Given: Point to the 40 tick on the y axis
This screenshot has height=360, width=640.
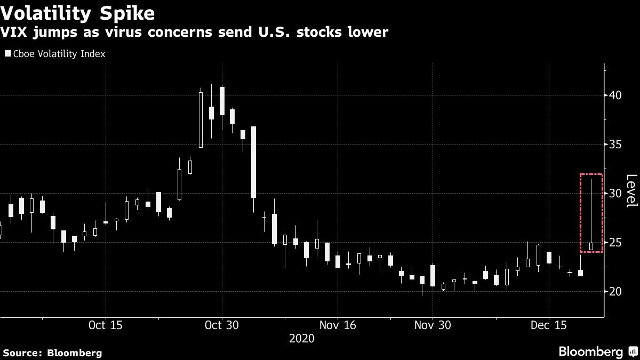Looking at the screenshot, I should coord(615,95).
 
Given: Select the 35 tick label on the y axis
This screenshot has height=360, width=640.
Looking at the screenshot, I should coord(615,145).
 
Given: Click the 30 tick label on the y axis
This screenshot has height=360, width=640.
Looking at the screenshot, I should coord(615,193).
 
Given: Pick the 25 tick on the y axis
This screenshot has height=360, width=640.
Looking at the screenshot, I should coord(615,243).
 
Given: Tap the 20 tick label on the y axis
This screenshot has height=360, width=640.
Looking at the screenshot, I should coord(615,292).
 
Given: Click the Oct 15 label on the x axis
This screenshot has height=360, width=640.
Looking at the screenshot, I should coord(106,325).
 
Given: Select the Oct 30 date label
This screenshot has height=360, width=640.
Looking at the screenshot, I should coord(221,325).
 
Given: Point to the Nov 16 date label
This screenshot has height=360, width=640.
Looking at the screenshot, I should coord(337,325).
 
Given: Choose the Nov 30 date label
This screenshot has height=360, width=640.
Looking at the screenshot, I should coord(432,325).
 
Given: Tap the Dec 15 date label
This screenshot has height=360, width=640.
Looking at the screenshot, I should coord(548,325).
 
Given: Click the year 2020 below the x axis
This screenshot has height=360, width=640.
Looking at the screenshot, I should coord(301,339).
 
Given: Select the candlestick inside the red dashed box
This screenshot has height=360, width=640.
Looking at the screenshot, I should coord(591,246).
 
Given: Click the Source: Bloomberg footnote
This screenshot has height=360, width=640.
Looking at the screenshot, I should coord(52,353).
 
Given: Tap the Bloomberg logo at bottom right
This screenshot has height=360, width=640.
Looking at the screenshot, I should coord(597,351).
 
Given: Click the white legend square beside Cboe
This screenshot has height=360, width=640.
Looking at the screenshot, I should coord(7,54).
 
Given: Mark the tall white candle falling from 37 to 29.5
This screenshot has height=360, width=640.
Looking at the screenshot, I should coord(253,162).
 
